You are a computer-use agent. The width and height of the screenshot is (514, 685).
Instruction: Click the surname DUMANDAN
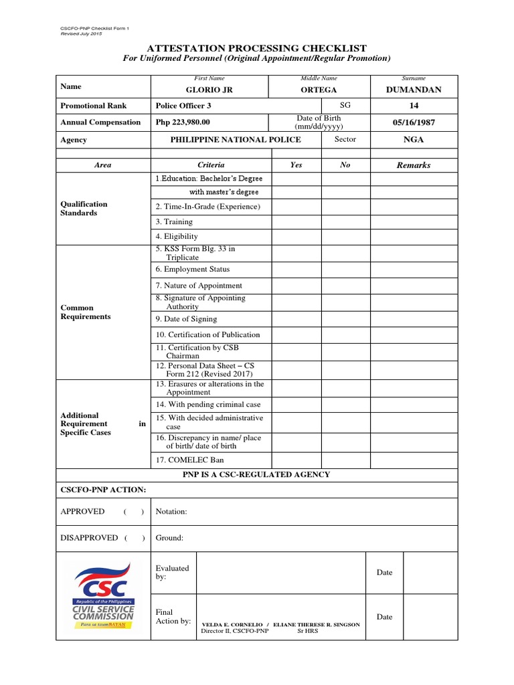pos(414,90)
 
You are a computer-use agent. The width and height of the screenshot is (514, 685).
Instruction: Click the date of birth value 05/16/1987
pos(414,122)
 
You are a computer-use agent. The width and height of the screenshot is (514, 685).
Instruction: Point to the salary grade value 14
pos(414,106)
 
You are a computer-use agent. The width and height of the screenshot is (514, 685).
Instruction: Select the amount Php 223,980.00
pos(183,122)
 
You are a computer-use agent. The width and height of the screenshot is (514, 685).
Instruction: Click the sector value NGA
pos(414,140)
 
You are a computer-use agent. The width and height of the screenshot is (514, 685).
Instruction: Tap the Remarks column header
pos(414,165)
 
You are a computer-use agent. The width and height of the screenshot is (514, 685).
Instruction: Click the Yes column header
pos(296,165)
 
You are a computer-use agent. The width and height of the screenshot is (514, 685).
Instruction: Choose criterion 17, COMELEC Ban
pos(189,460)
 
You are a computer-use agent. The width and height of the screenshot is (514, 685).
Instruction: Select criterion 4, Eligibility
pos(177,236)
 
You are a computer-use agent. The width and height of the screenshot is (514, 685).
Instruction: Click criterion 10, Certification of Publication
pos(207,334)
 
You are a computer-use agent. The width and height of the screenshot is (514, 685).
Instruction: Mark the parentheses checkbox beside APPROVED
pos(134,512)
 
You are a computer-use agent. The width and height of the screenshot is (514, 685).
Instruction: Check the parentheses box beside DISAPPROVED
pos(134,538)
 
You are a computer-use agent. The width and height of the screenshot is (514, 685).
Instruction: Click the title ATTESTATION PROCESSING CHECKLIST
pos(257,47)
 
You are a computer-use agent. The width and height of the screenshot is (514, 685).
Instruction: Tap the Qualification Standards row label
pos(84,209)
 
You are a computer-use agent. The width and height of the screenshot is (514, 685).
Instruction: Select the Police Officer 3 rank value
pos(183,106)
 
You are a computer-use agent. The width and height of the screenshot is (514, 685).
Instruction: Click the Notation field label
pos(171,512)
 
